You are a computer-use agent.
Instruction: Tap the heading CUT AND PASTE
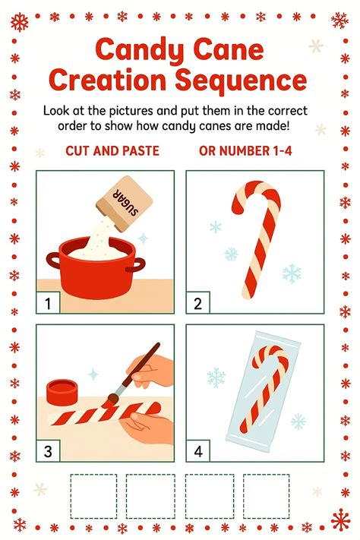click(x=112, y=150)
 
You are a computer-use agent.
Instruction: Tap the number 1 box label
click(x=47, y=304)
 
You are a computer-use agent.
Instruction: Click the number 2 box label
click(x=197, y=304)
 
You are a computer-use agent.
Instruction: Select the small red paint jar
click(x=62, y=392)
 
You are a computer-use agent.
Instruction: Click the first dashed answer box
click(x=93, y=497)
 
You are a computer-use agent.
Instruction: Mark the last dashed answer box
click(x=266, y=497)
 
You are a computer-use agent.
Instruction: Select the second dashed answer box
click(x=149, y=497)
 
